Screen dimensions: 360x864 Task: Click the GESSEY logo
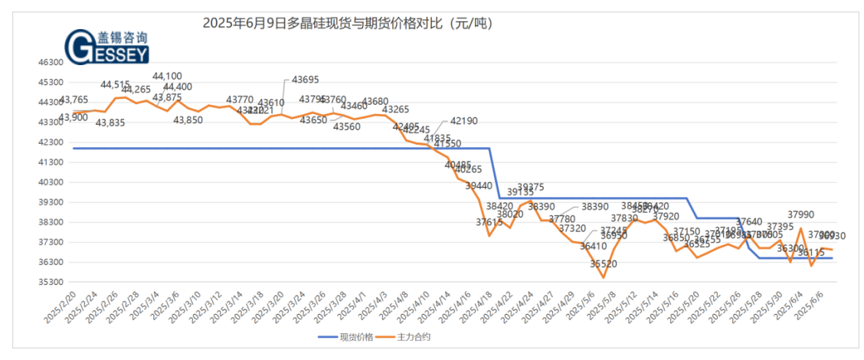tap(107, 47)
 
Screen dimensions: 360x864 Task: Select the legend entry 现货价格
tap(355, 336)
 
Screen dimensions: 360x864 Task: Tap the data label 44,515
tap(116, 84)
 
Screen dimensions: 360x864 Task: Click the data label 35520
tap(604, 264)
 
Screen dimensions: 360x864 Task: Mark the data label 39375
tap(530, 187)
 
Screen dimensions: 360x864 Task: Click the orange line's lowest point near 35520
tap(603, 277)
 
